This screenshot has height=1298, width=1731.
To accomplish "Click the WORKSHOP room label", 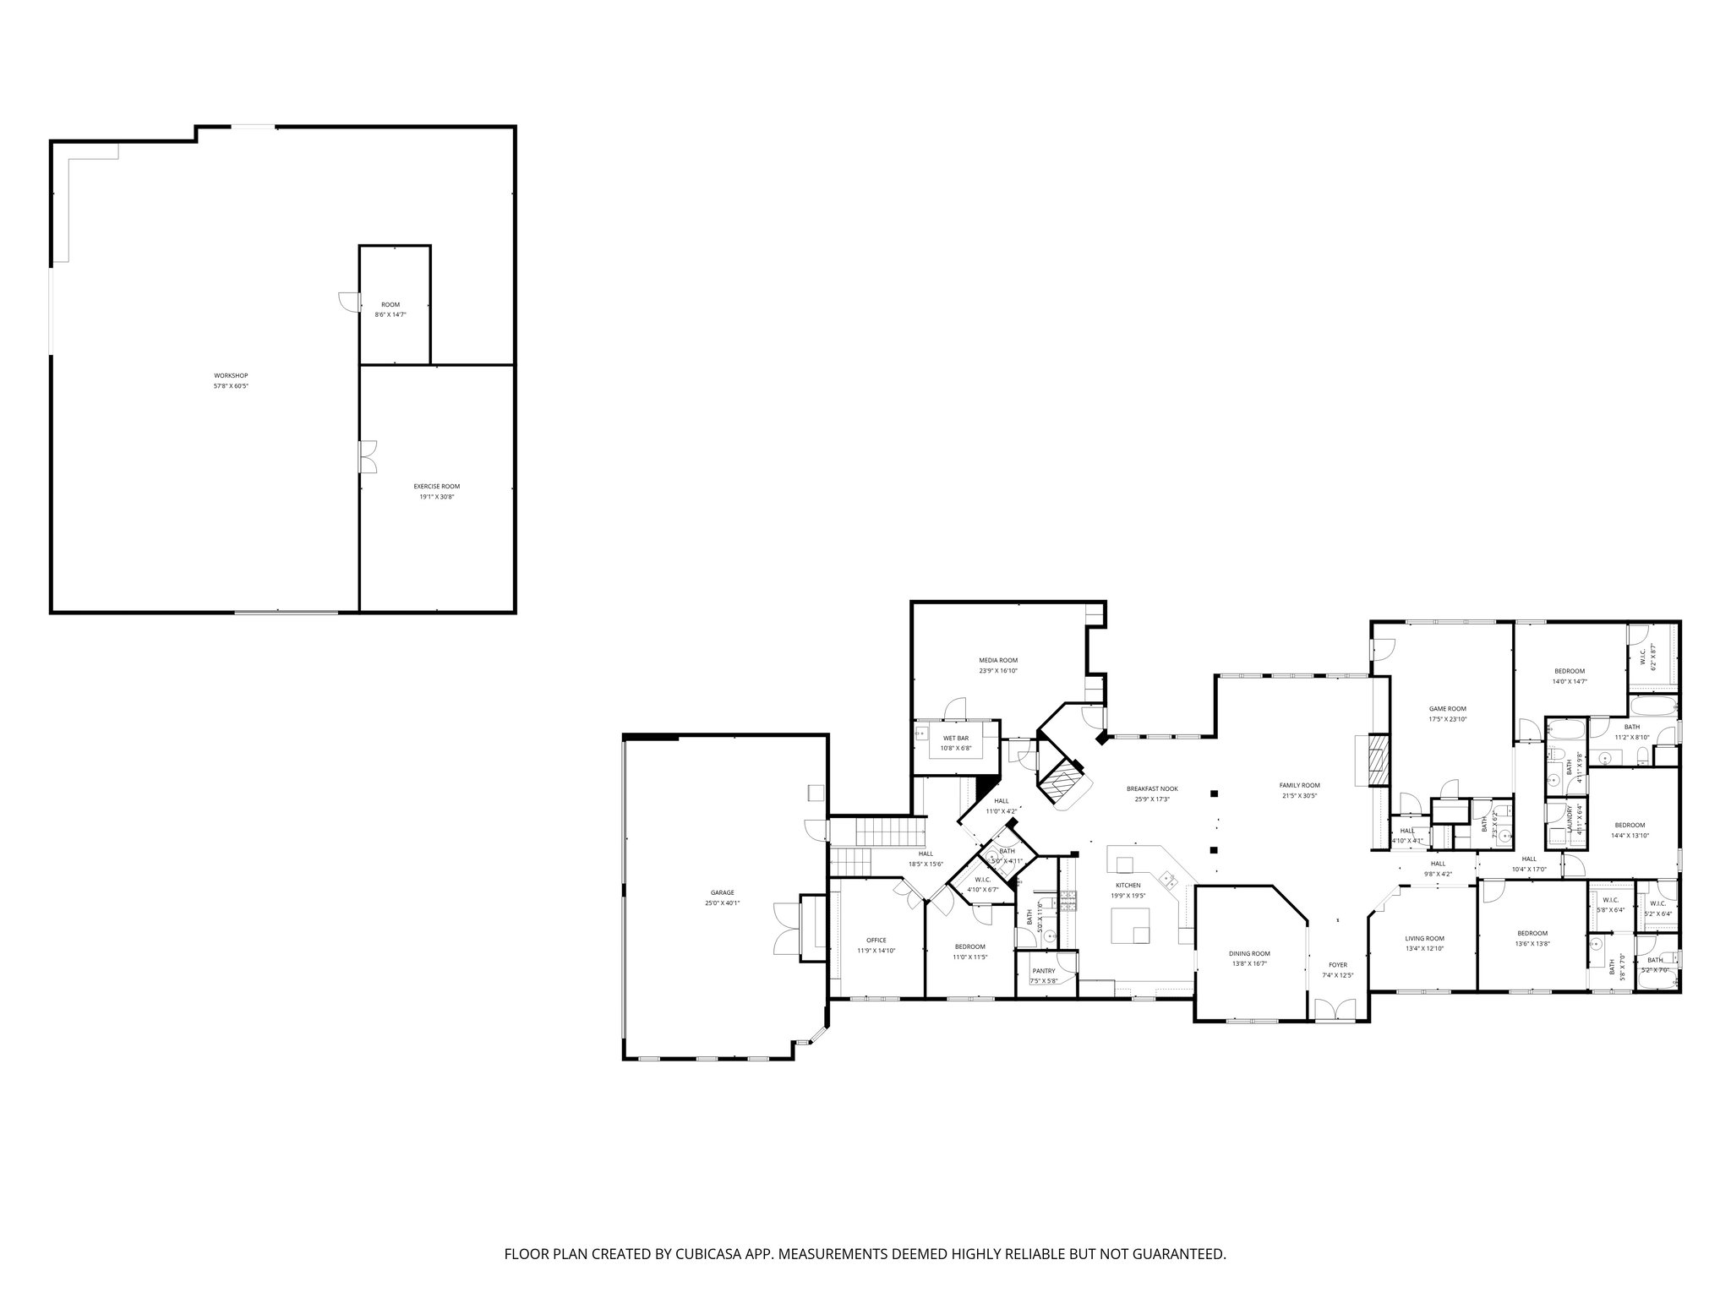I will click(x=231, y=375).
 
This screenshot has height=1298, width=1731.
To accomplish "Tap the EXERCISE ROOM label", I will click(x=437, y=486).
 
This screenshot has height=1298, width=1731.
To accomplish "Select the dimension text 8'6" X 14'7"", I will click(x=390, y=314).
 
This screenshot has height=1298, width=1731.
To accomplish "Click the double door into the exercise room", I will click(x=368, y=456).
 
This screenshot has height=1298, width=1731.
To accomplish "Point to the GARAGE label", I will click(x=722, y=892).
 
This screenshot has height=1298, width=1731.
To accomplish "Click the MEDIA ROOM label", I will click(x=998, y=660).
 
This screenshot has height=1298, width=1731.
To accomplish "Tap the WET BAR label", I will click(x=956, y=738).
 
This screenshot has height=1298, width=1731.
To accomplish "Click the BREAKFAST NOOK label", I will click(x=1152, y=788).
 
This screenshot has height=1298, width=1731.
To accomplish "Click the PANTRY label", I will click(x=1043, y=971).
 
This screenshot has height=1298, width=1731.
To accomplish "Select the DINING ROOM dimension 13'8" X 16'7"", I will click(x=1249, y=963).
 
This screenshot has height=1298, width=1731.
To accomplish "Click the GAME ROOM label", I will click(x=1447, y=709).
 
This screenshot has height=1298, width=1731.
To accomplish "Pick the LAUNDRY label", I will click(x=1570, y=821).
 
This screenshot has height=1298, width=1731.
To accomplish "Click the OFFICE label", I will click(x=876, y=940).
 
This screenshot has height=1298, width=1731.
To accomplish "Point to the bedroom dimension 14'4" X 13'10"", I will click(x=1630, y=835).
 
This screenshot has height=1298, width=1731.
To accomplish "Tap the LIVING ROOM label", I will click(x=1424, y=938).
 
